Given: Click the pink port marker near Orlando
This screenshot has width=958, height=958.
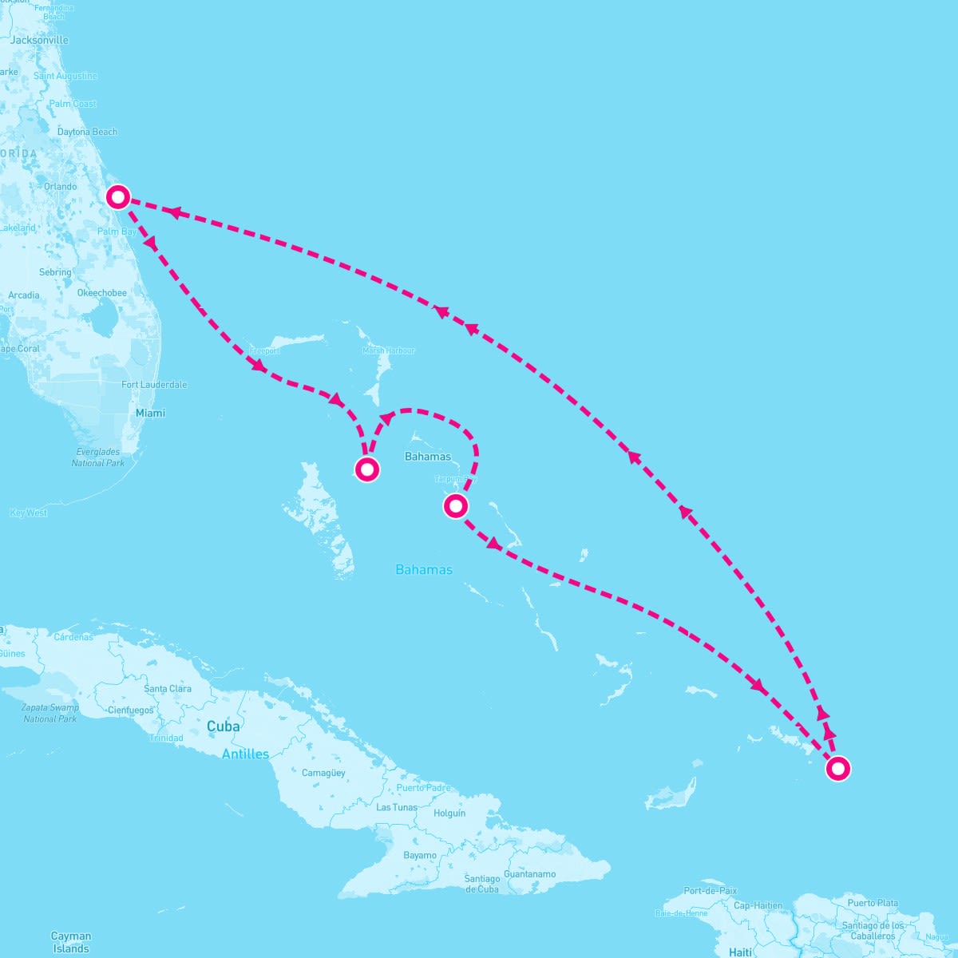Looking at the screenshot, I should point(118,196).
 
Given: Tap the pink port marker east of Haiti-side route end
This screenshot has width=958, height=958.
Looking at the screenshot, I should point(837,769).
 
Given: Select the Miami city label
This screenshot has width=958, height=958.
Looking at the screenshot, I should point(150,413).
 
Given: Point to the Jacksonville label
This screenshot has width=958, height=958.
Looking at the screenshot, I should point(39,40).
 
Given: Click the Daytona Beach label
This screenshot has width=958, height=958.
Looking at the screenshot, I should point(87,132).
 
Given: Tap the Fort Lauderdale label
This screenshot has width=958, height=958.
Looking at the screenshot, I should point(154,385).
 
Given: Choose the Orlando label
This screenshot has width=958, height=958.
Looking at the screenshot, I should point(61,187).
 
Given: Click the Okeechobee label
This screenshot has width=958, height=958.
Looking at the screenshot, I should point(101,293).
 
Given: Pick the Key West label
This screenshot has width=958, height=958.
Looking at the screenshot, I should point(29,513).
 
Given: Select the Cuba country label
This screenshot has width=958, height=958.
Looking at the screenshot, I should point(223,726).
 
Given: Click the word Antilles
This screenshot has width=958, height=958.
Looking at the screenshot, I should point(245,754).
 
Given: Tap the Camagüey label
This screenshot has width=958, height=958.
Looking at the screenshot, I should point(323,773).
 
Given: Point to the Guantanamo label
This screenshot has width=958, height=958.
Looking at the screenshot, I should point(529,874).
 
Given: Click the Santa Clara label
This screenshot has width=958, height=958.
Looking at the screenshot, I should point(168,688).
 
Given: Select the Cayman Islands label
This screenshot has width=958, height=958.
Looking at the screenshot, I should point(71,942).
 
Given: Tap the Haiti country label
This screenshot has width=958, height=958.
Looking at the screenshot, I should point(740,952).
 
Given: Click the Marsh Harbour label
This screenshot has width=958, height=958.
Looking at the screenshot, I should point(389,350).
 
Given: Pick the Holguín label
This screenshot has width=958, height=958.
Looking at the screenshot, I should point(449,814).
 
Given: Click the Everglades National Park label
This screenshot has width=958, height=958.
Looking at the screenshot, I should point(98,457).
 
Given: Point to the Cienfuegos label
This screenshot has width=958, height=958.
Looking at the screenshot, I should point(130,710).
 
